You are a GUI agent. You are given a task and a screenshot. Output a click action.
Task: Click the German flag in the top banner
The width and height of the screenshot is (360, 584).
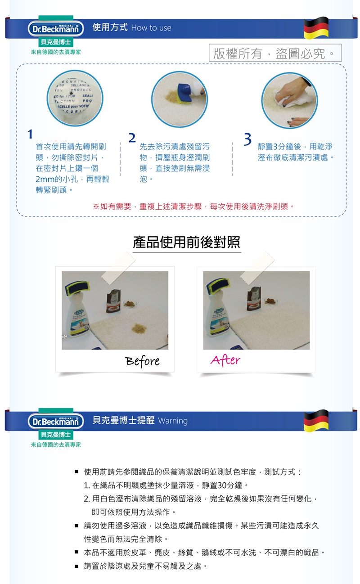click(x=316, y=28)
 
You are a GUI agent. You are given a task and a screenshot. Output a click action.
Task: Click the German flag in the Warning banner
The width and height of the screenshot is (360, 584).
click(x=316, y=421)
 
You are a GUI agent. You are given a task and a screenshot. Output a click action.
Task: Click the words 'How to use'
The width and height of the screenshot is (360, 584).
click(x=151, y=28)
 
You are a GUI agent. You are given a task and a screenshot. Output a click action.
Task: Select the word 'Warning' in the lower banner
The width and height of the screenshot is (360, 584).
click(x=173, y=421)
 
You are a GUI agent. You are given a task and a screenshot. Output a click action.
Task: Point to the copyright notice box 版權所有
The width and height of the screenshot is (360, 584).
click(x=275, y=54)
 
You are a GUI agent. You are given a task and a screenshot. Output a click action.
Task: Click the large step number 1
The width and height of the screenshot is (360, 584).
click(x=30, y=135)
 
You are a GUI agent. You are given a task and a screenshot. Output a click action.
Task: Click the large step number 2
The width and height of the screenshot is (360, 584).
click(x=132, y=138)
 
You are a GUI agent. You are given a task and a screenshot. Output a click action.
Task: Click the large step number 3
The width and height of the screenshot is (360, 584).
click(x=247, y=140)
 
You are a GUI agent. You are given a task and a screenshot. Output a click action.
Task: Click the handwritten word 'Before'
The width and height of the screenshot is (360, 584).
click(x=142, y=361)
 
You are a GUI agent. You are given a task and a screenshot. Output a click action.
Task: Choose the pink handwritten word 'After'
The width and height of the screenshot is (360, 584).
click(x=225, y=360)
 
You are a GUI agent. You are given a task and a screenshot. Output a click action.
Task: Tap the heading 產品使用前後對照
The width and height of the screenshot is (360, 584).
click(x=186, y=242)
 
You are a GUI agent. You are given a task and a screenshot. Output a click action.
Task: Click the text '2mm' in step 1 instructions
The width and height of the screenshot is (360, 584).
click(x=45, y=180)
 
